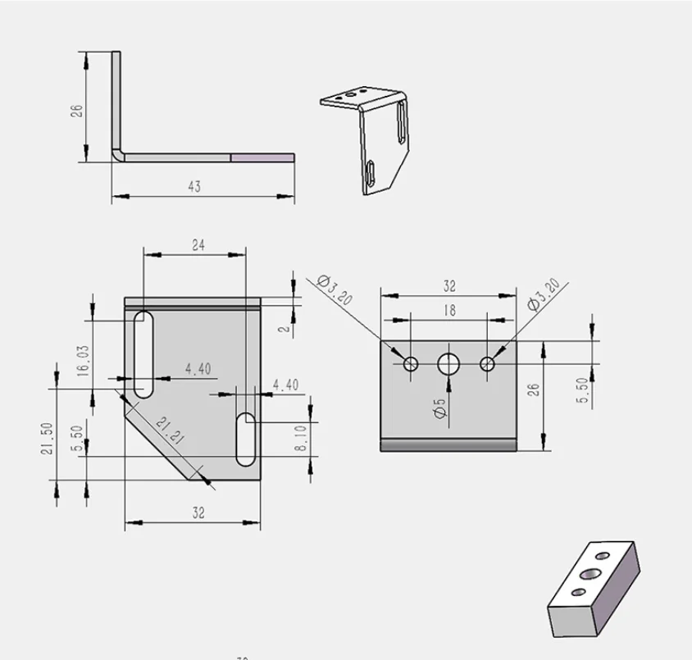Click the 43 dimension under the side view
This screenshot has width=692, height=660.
pos(194,186)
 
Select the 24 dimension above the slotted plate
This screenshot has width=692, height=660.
pos(198,245)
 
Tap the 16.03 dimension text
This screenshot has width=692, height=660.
pos(83,361)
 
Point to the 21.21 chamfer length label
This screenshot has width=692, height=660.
pos(170,430)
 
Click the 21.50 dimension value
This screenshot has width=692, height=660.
pos(47,439)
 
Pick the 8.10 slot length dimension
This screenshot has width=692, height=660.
pos(300,438)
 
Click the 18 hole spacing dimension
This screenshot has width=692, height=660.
pos(449,311)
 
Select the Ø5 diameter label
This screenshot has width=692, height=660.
pos(440,408)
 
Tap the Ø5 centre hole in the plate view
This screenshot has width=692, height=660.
pos(448,364)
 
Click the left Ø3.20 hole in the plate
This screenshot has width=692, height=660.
pos(411,364)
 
